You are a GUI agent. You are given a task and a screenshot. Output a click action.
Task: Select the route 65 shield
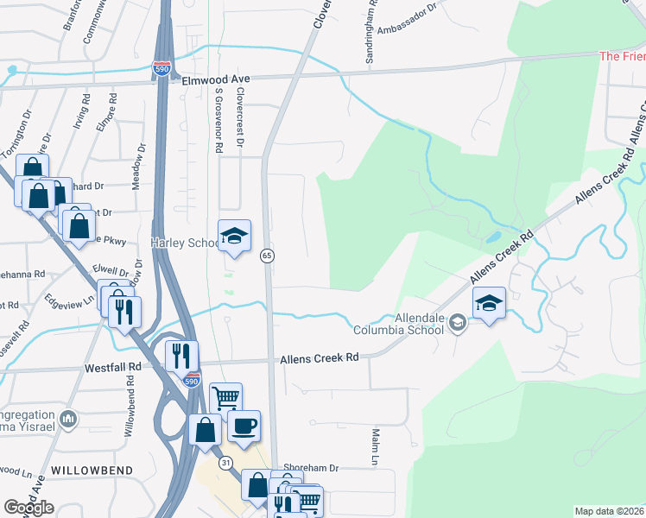(268, 256)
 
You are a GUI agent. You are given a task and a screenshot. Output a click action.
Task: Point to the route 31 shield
(225, 463)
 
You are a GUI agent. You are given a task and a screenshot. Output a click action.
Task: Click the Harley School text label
(187, 243)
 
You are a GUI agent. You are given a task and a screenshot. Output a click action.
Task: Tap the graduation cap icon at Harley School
(234, 237)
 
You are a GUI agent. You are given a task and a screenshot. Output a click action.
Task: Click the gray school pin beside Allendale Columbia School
(459, 323)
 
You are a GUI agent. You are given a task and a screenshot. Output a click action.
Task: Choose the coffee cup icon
(244, 426)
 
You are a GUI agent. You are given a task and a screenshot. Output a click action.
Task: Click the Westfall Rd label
(112, 367)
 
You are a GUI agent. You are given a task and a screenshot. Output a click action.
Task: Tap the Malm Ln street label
(377, 447)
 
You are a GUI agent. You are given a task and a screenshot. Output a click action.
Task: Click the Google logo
(28, 508)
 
